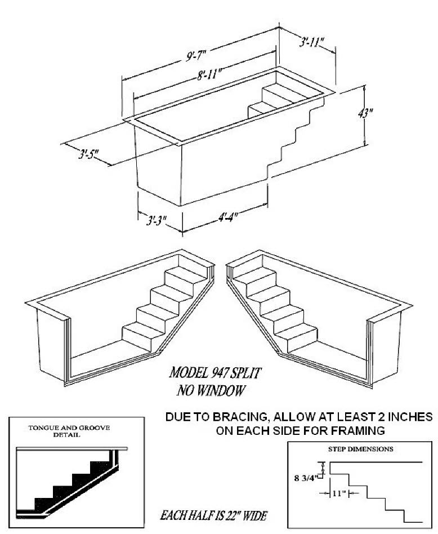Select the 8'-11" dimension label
[209, 74]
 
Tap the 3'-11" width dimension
[311, 43]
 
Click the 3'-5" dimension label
[88, 154]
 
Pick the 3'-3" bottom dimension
[156, 220]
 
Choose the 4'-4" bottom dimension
[227, 217]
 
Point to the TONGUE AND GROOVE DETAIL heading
[69, 431]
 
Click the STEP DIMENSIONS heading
[360, 449]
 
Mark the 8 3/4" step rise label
[306, 478]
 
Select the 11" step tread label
[339, 493]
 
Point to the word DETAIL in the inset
[66, 434]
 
